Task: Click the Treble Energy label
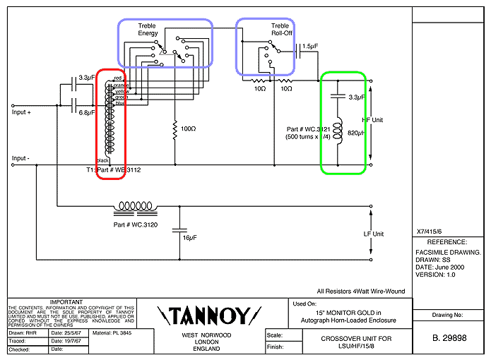pyautogui.click(x=148, y=30)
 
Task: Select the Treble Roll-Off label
pyautogui.click(x=280, y=30)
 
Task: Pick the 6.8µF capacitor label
pyautogui.click(x=88, y=113)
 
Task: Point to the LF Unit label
pyautogui.click(x=373, y=234)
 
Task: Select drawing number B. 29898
pyautogui.click(x=449, y=339)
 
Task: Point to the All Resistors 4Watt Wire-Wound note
pyautogui.click(x=362, y=290)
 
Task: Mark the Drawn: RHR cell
pyautogui.click(x=27, y=332)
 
